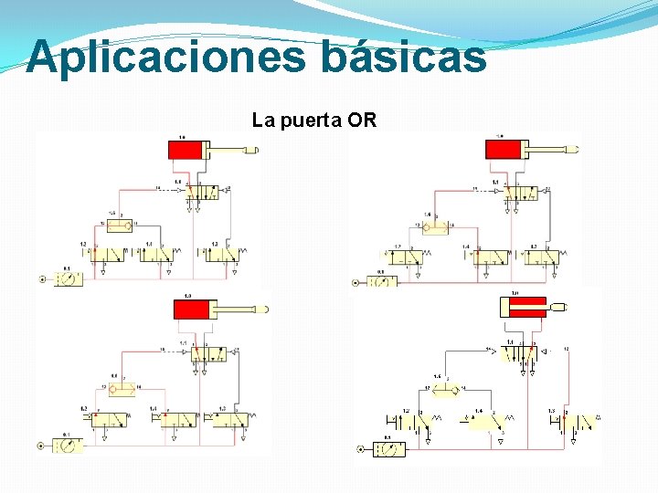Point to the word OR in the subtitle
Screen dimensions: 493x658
362,120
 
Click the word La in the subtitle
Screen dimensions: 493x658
262,120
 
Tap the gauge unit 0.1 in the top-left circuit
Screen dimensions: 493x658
67,279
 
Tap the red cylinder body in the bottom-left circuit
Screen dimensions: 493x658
193,309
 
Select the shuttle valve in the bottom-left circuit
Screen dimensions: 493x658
122,390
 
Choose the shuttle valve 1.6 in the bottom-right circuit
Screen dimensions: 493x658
445,391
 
